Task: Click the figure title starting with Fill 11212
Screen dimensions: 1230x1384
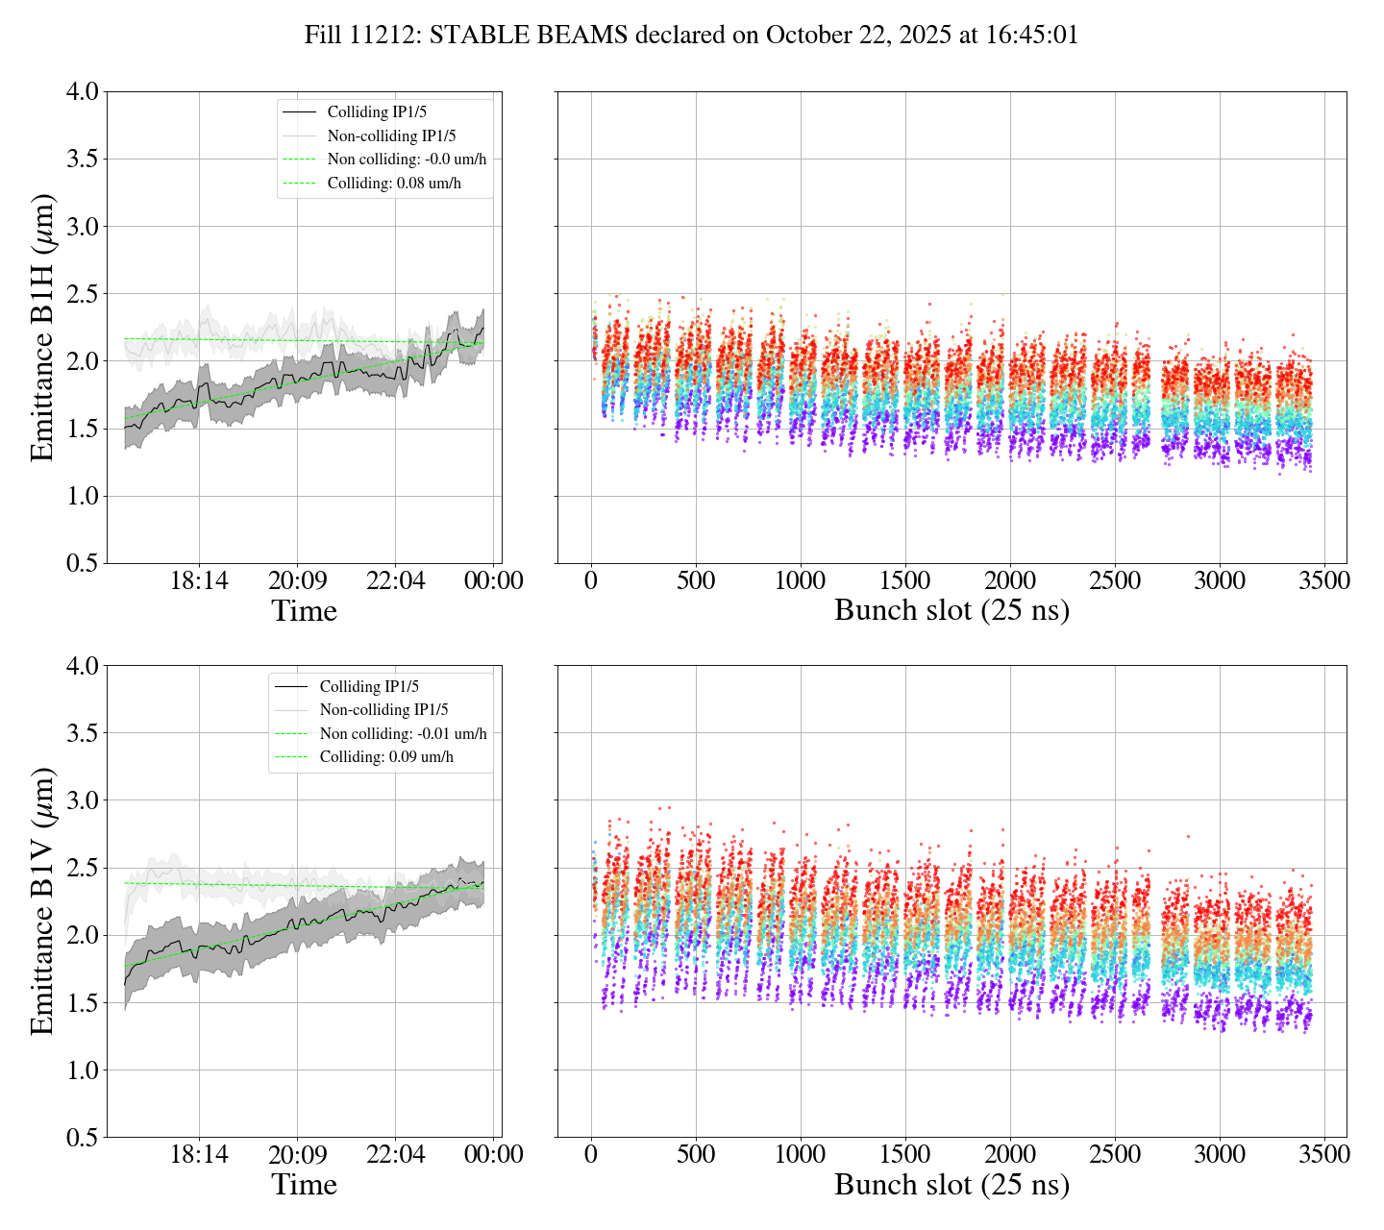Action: pos(691,36)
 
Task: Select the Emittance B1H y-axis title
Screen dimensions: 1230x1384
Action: pos(42,327)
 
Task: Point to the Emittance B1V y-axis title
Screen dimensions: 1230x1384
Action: pos(42,901)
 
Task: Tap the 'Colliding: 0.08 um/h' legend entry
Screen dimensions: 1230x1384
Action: pos(394,184)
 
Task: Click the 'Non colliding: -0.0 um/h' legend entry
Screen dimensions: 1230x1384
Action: pos(413,160)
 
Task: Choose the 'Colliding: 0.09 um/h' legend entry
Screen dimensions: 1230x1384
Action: pos(386,757)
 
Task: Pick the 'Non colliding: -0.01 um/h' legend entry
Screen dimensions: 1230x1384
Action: pos(403,734)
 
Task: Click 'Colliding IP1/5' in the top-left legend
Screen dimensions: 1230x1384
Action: pos(377,112)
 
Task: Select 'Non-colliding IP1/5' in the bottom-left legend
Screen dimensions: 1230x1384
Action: pos(383,710)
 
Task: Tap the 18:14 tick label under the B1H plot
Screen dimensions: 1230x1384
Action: pos(199,581)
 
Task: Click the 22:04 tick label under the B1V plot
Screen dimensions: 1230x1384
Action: pos(396,1154)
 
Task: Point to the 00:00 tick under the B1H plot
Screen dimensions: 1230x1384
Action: pos(494,581)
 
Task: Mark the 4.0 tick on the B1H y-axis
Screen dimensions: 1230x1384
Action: pos(82,92)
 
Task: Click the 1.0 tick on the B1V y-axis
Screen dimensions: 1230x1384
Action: pos(82,1070)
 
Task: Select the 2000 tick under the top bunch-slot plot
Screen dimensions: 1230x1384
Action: pos(1010,581)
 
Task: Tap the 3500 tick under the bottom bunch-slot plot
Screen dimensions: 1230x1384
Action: pos(1323,1154)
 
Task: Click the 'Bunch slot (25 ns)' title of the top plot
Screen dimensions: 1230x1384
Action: pos(951,611)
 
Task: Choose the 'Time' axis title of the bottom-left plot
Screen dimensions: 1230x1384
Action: pos(304,1185)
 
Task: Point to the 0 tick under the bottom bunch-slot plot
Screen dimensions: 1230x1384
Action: pos(591,1154)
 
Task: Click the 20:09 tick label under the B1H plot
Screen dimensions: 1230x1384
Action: pos(297,581)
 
